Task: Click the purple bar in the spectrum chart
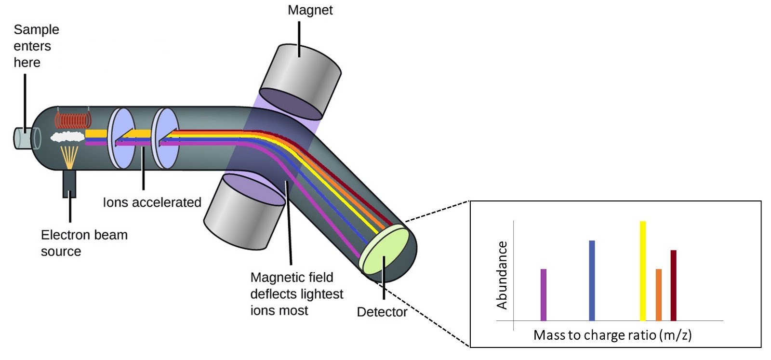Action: click(544, 294)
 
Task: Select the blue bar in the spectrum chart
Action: click(592, 280)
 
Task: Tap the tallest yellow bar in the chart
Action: click(642, 271)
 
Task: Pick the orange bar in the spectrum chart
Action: click(659, 294)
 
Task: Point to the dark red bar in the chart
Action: click(673, 285)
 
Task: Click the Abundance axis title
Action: click(502, 275)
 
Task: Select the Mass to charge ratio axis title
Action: click(612, 335)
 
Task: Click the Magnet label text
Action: click(310, 10)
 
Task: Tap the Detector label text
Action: click(382, 312)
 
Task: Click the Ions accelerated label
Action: click(152, 202)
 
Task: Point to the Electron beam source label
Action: click(84, 243)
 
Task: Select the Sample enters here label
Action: click(36, 46)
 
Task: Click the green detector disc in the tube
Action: click(385, 250)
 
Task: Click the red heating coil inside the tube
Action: click(72, 120)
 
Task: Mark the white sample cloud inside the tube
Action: click(67, 137)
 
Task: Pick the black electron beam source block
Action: click(69, 184)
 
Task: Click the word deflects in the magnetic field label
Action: click(273, 294)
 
